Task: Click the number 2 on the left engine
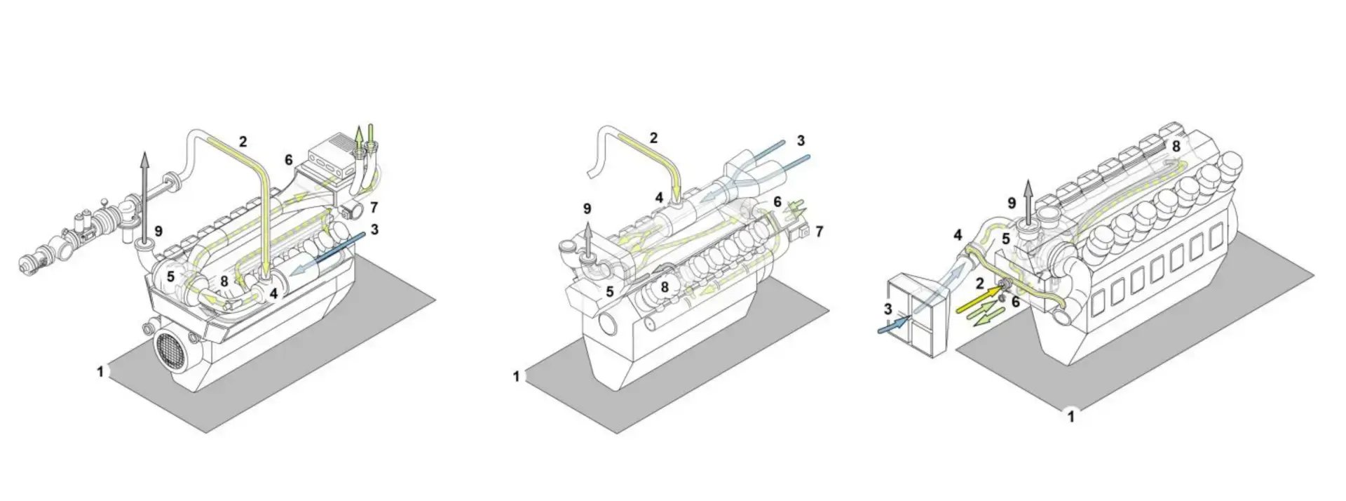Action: [x=243, y=141]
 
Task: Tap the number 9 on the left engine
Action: [x=158, y=230]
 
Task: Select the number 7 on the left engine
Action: [x=374, y=207]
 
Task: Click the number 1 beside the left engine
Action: [x=100, y=371]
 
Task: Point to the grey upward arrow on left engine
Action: [x=144, y=196]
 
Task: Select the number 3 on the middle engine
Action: [x=801, y=141]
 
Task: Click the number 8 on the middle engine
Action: [x=664, y=286]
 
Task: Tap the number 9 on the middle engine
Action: [x=587, y=208]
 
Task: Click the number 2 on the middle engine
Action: [x=653, y=138]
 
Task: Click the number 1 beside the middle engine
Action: [x=516, y=377]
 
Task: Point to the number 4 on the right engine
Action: [x=958, y=235]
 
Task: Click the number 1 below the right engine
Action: [x=1070, y=417]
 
